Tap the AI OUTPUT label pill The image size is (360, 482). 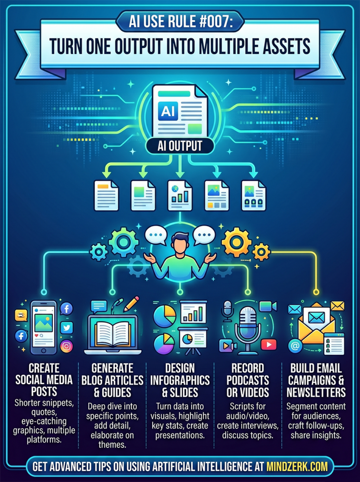180,146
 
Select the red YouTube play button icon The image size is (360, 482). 269,345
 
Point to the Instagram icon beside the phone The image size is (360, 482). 67,346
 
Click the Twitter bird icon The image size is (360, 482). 67,328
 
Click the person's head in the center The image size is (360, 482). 180,245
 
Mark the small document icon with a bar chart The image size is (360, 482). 180,194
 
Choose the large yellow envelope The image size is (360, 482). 318,327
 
